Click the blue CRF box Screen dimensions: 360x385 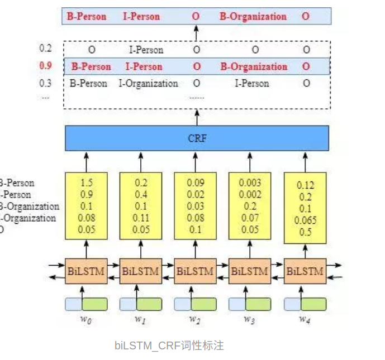pyautogui.click(x=197, y=138)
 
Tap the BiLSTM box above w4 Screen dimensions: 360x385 pyautogui.click(x=305, y=271)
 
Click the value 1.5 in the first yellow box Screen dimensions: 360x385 pyautogui.click(x=86, y=183)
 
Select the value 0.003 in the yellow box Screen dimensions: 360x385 pyautogui.click(x=249, y=183)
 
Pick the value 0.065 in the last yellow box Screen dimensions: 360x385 pyautogui.click(x=306, y=220)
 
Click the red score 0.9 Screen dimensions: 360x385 pyautogui.click(x=45, y=66)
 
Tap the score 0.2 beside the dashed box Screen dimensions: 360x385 pyautogui.click(x=45, y=48)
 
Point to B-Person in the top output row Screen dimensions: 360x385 pyautogui.click(x=87, y=16)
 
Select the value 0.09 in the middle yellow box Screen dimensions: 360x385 pyautogui.click(x=196, y=183)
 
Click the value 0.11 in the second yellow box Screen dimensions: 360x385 pyautogui.click(x=140, y=218)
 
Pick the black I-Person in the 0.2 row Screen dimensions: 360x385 pyautogui.click(x=146, y=50)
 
